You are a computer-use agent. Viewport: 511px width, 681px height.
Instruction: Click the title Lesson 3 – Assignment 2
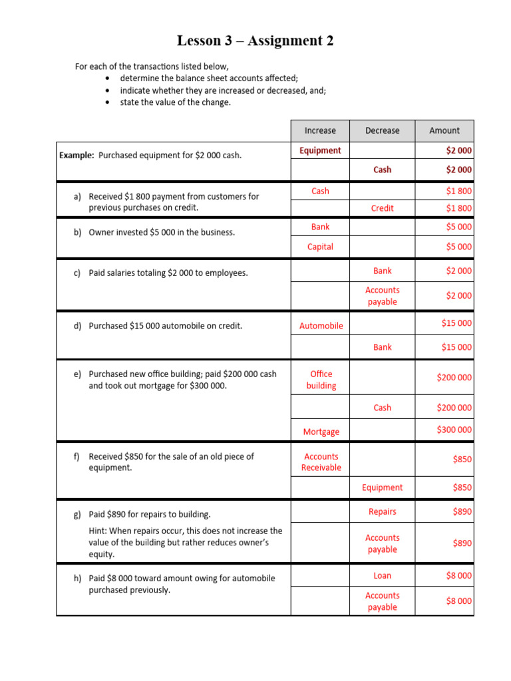click(x=255, y=41)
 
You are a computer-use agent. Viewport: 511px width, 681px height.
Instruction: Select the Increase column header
click(x=320, y=130)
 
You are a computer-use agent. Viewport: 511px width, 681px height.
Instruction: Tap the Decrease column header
click(x=382, y=130)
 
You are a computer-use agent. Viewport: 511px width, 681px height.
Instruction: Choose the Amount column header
click(x=444, y=130)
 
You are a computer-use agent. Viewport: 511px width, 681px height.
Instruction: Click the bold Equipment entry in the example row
click(x=320, y=150)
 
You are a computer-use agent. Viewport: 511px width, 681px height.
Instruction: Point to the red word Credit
click(x=383, y=208)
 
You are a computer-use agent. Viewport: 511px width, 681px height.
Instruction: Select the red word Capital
click(x=320, y=247)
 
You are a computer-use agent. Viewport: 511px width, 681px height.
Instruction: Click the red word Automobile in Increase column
click(x=321, y=326)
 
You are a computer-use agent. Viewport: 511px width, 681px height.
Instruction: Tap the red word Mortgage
click(x=321, y=432)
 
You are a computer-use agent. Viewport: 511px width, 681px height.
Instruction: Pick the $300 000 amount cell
click(x=454, y=430)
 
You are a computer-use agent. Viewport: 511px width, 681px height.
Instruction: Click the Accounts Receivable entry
click(x=321, y=462)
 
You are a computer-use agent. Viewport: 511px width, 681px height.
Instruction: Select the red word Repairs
click(x=383, y=511)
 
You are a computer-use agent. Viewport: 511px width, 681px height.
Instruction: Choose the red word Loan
click(x=383, y=575)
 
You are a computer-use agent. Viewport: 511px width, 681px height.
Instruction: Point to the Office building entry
click(x=321, y=380)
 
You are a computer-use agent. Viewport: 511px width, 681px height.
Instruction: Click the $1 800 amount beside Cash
click(x=459, y=191)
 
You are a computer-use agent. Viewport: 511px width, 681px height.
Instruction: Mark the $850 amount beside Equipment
click(x=462, y=487)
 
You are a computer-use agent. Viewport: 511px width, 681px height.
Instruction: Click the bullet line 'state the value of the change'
click(x=175, y=102)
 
